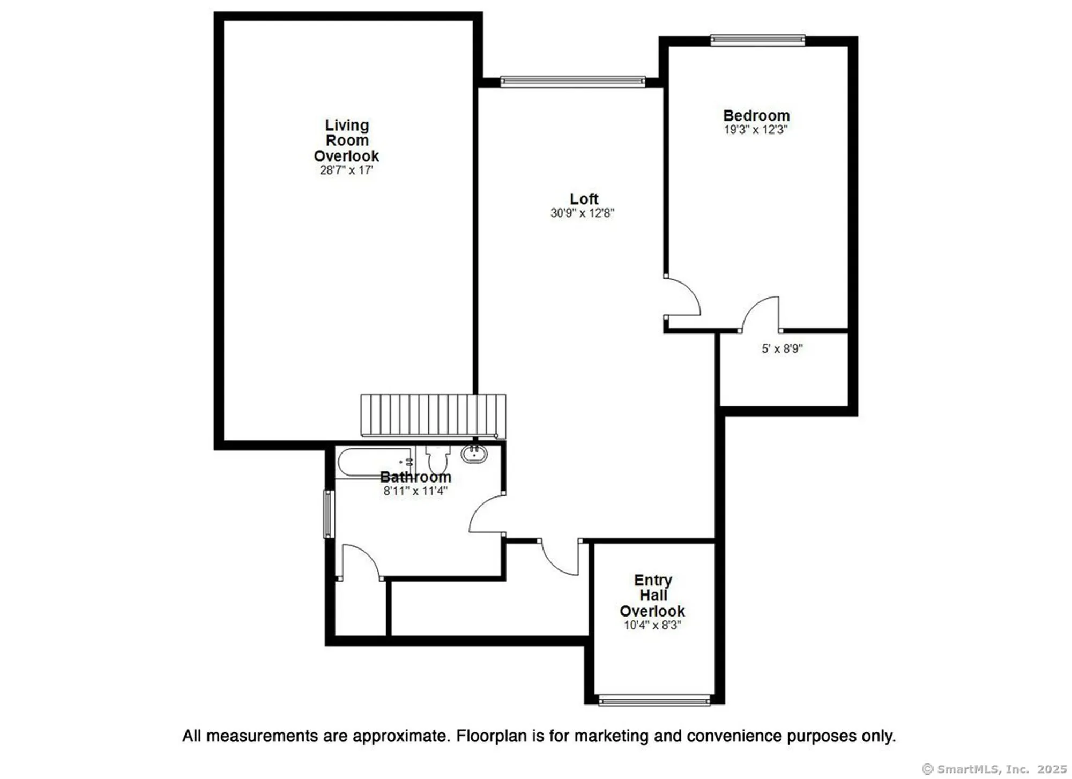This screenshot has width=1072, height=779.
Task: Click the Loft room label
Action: coord(584,199)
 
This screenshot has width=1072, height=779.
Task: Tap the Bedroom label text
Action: coord(756,116)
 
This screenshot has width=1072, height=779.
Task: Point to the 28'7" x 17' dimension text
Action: coord(346,170)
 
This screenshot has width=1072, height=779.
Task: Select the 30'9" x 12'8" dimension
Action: coord(582,213)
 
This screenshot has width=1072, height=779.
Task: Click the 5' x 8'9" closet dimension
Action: coord(782,348)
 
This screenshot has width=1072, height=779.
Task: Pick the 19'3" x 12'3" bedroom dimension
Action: coord(756,130)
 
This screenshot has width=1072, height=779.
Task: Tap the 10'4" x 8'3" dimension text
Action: coord(652,625)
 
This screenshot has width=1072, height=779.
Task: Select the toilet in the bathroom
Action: coord(438,459)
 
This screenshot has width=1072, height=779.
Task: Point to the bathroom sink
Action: coord(474,454)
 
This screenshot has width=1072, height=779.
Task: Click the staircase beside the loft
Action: coord(433,416)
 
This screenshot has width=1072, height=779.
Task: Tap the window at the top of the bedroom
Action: coord(758,40)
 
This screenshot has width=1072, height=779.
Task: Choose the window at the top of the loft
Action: coord(572,81)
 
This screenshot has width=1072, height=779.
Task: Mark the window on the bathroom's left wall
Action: coord(329,514)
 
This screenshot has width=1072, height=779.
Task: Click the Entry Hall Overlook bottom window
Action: coord(654,700)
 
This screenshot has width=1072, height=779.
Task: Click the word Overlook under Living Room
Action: coord(346,157)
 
